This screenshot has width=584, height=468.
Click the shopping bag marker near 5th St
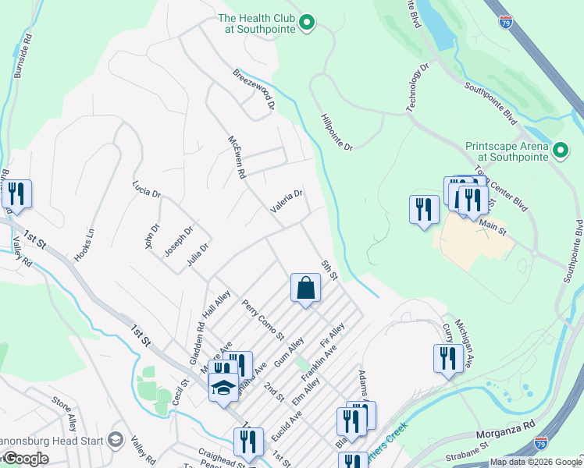305,288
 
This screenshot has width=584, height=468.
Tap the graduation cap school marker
223,388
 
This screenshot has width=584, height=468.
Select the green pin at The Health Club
307,23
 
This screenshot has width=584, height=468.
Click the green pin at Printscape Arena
560,151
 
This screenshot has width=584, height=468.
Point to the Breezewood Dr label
255,88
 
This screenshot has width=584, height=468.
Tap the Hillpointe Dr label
337,133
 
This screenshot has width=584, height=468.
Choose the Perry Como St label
262,320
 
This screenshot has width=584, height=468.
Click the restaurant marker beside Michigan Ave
446,359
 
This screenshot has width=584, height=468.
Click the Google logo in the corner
25,459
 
